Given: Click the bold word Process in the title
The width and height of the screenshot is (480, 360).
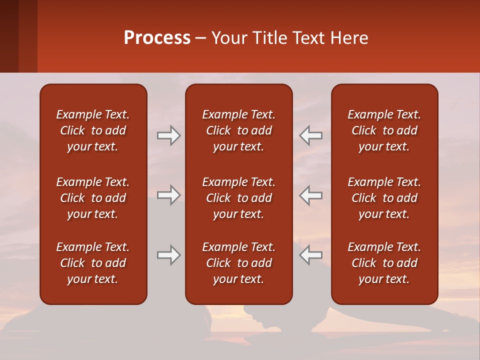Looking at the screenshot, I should (157, 38).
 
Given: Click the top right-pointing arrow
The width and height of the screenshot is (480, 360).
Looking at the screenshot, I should (169, 135).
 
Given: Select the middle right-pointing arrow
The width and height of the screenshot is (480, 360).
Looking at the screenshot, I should (169, 195).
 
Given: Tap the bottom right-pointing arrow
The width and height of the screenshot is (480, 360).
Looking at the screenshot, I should (169, 255).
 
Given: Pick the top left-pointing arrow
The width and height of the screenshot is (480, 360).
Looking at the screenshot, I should (310, 135).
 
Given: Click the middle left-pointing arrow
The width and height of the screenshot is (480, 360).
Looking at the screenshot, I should (310, 195).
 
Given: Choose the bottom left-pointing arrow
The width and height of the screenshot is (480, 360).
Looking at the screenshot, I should (310, 255).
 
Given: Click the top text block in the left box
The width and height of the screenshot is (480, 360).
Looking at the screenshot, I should (93, 130).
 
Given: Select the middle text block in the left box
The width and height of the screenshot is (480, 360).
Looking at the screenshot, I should (93, 198).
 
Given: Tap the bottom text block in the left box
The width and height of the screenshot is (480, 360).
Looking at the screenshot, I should (93, 263).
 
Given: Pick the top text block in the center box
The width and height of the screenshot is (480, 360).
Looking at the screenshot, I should (238, 130).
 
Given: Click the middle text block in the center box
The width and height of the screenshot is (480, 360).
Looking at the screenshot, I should (238, 198).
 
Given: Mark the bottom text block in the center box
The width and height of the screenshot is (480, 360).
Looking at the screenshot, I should (238, 263).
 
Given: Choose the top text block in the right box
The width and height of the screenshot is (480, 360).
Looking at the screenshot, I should (384, 130).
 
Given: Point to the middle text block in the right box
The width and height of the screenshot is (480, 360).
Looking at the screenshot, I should (384, 198).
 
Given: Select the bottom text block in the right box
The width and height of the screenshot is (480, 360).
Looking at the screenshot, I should (384, 263).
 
